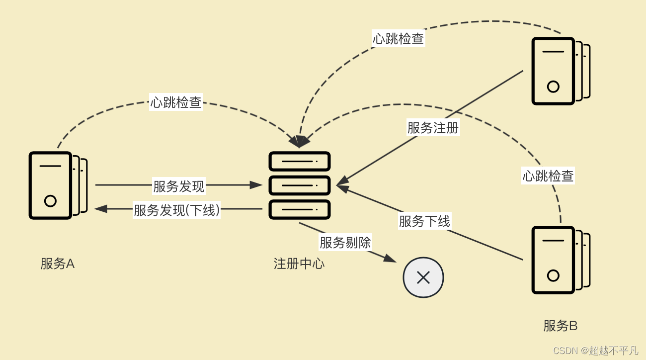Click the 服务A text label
pos(58,264)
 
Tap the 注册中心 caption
pos(299,264)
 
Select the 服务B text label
pos(560,326)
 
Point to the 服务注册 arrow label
pos(433,128)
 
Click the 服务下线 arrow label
pos(424,221)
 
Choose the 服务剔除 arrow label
pos(345,243)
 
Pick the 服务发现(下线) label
pos(177,210)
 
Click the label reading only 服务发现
pos(179,186)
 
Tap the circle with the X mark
pos(423,277)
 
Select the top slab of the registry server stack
pos(300,161)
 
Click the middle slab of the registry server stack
pos(300,185)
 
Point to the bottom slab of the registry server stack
pos(300,209)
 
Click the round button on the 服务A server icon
pos(50,201)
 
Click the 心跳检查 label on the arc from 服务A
pos(176,102)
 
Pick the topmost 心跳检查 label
pos(398,38)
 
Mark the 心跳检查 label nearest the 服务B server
pos(548,176)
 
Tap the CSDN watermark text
pos(595,351)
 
